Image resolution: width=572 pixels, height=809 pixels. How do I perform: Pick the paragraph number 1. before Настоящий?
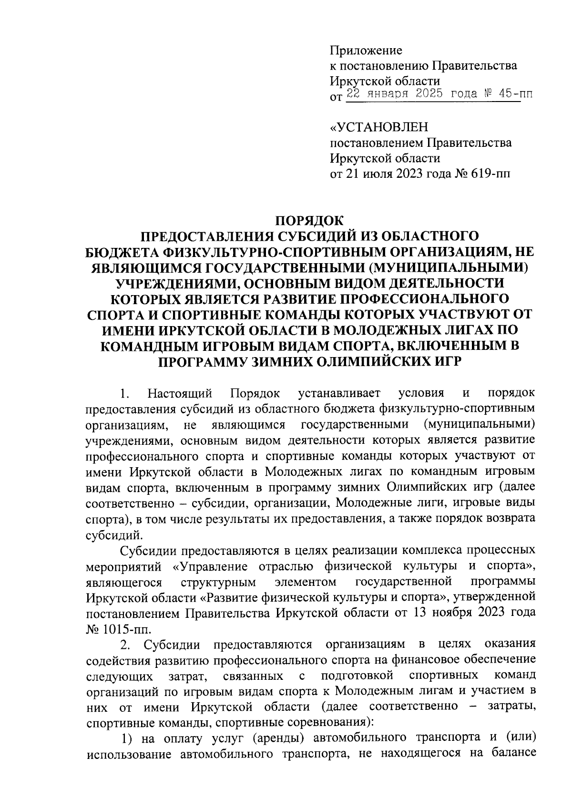point(124,394)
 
